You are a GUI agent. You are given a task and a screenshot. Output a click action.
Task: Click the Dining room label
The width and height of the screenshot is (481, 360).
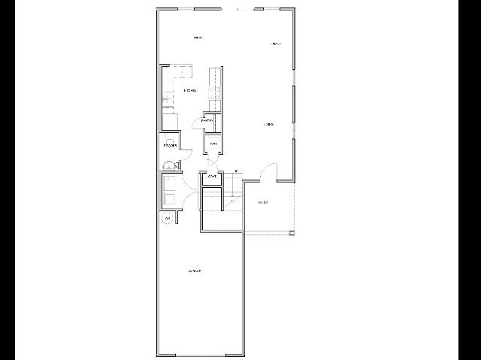pyautogui.click(x=198, y=37)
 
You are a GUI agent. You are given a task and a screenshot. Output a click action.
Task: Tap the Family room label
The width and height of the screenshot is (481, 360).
pyautogui.click(x=276, y=44)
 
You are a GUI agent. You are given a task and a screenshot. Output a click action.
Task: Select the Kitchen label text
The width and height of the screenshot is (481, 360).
pyautogui.click(x=189, y=91)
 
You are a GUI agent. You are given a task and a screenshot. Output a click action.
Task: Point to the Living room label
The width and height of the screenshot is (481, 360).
pyautogui.click(x=268, y=124)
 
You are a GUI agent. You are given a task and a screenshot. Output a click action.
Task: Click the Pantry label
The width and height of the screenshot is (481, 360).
pyautogui.click(x=208, y=120)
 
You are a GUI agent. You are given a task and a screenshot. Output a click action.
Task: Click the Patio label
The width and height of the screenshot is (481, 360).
pyautogui.click(x=263, y=203)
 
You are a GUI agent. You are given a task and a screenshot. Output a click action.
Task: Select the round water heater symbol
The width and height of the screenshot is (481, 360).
pyautogui.click(x=167, y=219)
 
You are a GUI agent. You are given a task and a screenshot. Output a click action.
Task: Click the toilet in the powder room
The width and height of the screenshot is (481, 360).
pyautogui.click(x=169, y=165)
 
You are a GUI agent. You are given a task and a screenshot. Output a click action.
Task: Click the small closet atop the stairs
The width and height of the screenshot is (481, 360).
pyautogui.click(x=213, y=177)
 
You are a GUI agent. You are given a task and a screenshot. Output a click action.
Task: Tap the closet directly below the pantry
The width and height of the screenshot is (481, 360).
pyautogui.click(x=213, y=144)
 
